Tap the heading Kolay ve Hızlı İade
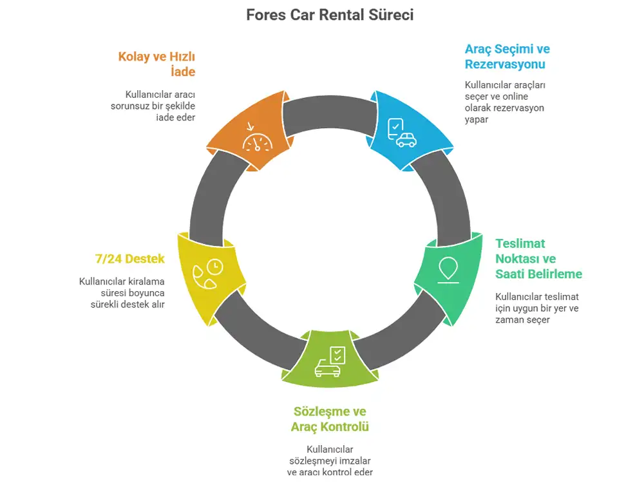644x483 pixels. (156, 64)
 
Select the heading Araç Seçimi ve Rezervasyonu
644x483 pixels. (507, 57)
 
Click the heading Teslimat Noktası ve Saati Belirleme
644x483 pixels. (538, 259)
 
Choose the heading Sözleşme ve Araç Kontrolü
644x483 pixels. (330, 419)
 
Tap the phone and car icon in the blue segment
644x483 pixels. (401, 133)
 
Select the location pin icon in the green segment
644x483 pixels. (448, 269)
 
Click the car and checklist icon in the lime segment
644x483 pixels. (330, 362)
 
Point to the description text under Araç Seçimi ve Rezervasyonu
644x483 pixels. (505, 102)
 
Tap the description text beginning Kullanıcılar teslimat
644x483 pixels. (537, 308)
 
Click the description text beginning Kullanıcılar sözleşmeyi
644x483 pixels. (330, 460)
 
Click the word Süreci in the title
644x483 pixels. (389, 14)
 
